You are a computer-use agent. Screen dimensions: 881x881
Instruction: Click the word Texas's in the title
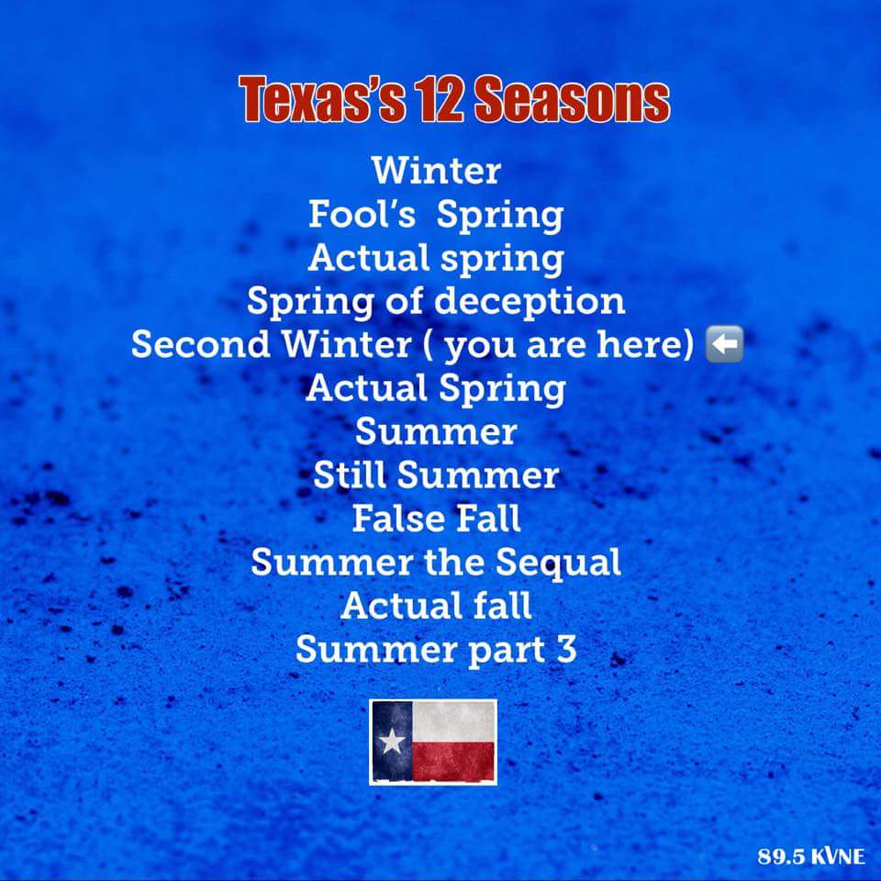[322, 99]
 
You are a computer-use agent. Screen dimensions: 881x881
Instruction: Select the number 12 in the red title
[440, 99]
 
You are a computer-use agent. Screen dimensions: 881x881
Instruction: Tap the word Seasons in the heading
[572, 99]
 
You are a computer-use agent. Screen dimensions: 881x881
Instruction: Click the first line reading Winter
[436, 171]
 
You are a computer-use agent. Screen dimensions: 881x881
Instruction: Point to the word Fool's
[362, 214]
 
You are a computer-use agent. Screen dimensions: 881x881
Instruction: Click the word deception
[530, 302]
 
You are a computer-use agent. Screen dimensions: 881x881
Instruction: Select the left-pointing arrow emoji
[724, 343]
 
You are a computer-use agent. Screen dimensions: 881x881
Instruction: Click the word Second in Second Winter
[201, 343]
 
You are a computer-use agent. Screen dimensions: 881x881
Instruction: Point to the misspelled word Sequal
[558, 563]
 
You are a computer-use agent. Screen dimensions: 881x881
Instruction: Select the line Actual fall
[436, 605]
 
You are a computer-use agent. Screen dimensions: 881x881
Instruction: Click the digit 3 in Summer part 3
[567, 649]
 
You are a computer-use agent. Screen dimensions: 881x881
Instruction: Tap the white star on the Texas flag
[392, 742]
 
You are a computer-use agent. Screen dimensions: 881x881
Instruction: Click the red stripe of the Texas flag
[453, 761]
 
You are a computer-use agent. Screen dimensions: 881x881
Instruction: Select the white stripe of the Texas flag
[453, 721]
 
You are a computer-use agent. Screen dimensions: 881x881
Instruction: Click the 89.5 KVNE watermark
[810, 855]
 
